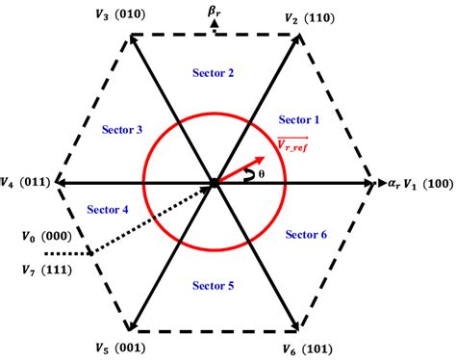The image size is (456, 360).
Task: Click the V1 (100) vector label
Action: tap(423, 181)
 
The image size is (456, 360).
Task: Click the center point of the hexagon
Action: tap(214, 182)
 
